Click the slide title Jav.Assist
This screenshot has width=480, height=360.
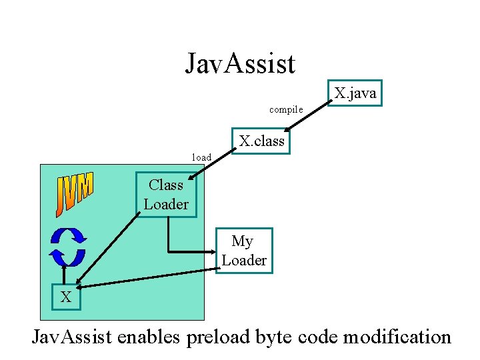240,64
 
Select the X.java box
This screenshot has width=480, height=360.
355,93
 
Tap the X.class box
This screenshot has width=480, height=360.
261,141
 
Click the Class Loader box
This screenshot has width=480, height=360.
166,195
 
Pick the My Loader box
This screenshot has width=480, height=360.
243,251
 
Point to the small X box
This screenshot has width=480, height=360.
66,297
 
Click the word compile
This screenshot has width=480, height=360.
286,109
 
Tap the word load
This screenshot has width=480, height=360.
201,158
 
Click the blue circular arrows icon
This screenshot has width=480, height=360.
68,246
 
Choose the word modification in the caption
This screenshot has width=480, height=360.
397,337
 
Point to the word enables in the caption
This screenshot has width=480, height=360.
148,337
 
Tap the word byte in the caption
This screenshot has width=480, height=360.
274,337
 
